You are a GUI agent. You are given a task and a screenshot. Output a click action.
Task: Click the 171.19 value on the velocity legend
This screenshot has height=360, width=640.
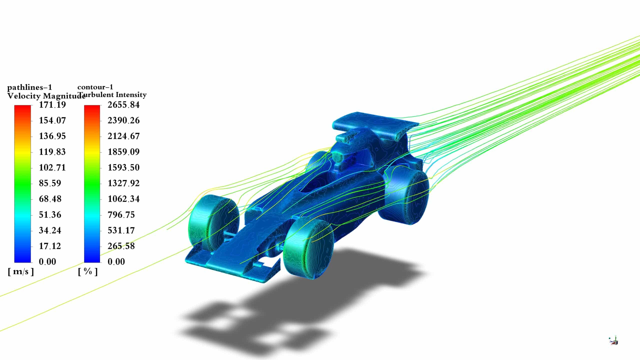52,105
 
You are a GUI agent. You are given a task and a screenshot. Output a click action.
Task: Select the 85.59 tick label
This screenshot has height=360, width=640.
50,183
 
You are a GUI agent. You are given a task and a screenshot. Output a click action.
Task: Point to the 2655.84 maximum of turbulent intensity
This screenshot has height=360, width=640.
123,105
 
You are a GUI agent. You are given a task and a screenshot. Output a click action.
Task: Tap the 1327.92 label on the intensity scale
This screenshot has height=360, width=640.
123,183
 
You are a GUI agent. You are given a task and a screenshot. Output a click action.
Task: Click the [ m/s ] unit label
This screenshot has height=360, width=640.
21,272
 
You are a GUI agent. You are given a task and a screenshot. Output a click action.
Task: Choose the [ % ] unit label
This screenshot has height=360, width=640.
88,272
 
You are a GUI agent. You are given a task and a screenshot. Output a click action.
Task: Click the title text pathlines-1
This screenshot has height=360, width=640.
29,87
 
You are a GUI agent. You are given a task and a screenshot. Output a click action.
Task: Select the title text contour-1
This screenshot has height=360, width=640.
95,87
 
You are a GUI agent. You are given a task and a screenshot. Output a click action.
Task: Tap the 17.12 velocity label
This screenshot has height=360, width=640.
50,246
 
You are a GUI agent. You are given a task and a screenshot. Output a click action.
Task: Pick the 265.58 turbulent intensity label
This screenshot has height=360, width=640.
121,246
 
